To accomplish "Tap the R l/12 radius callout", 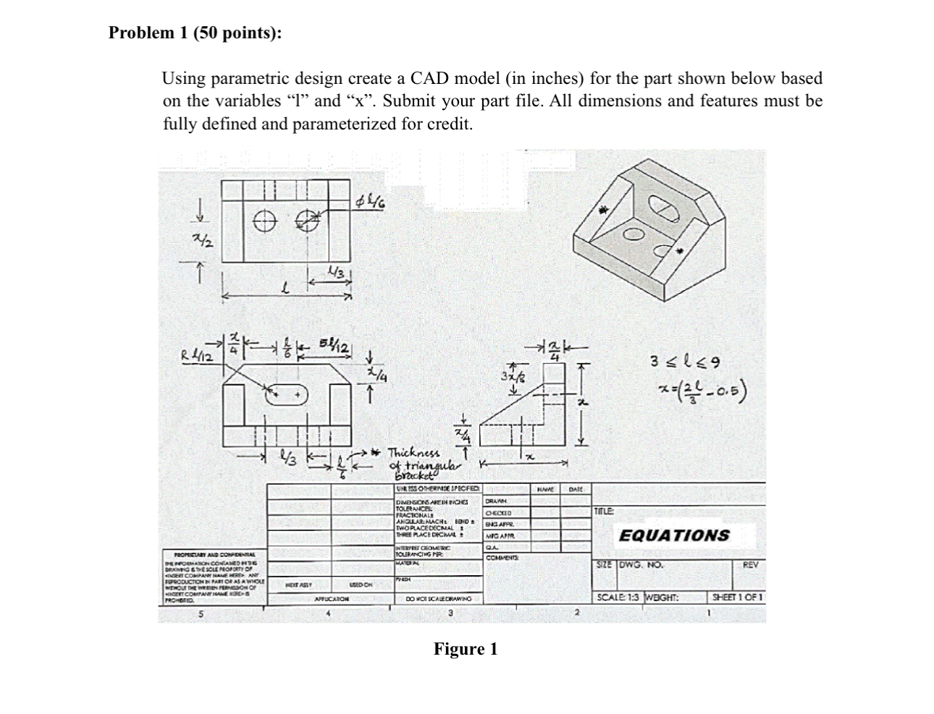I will point(196,354).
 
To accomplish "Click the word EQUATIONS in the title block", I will point(673,535).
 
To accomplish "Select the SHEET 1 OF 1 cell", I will point(736,598).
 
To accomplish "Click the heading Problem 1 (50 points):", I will point(195,33).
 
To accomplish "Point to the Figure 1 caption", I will point(466,649).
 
